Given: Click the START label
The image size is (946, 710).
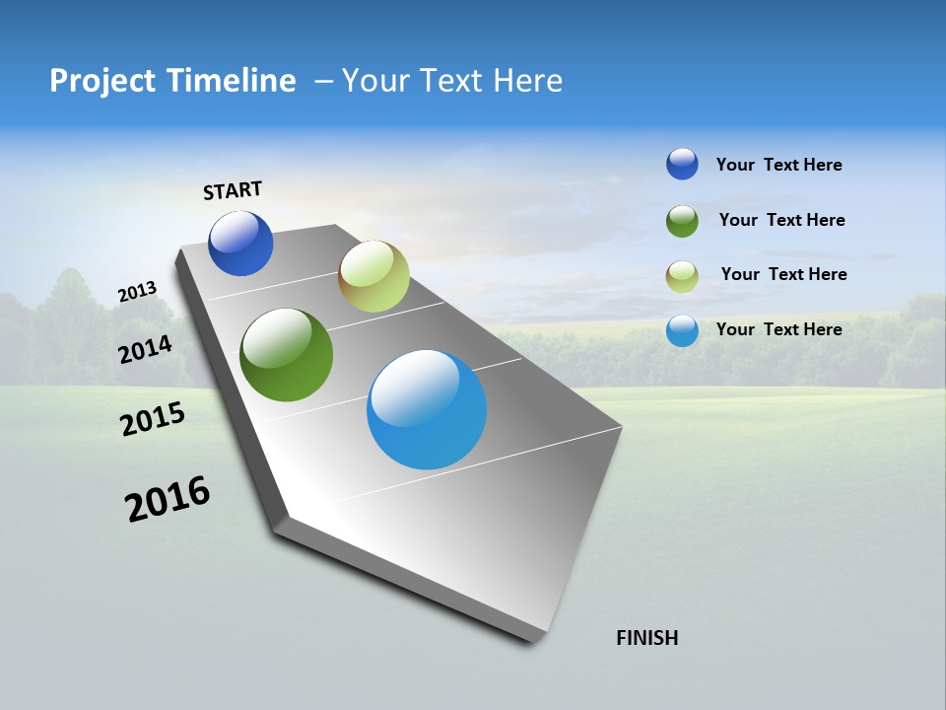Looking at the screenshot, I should pyautogui.click(x=233, y=190).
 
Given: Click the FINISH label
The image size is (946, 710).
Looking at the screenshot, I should pyautogui.click(x=646, y=638).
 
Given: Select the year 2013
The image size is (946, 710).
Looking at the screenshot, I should pyautogui.click(x=137, y=292).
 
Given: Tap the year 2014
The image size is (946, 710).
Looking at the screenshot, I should pyautogui.click(x=145, y=349).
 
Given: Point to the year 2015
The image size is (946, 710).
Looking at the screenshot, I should pyautogui.click(x=152, y=419).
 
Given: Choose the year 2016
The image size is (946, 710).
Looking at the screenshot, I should pyautogui.click(x=168, y=499).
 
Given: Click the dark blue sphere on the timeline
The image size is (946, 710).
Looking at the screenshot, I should pyautogui.click(x=240, y=244).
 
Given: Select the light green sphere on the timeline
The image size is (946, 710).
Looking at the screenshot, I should pyautogui.click(x=373, y=276).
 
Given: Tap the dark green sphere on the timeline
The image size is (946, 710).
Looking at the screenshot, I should pyautogui.click(x=286, y=355).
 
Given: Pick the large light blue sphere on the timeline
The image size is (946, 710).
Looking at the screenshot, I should pyautogui.click(x=427, y=409).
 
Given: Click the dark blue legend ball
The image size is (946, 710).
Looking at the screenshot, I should pyautogui.click(x=682, y=164).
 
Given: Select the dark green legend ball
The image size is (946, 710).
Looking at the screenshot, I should pyautogui.click(x=682, y=221).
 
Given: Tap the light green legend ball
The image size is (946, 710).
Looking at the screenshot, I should pyautogui.click(x=682, y=276).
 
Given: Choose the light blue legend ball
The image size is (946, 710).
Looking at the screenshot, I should pyautogui.click(x=682, y=330).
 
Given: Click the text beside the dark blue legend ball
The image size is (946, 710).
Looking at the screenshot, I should pyautogui.click(x=778, y=165).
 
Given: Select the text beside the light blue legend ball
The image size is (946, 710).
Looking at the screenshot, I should pyautogui.click(x=778, y=329).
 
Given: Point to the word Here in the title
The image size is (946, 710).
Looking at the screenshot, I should pyautogui.click(x=527, y=81).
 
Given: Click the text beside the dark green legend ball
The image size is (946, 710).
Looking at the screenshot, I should pyautogui.click(x=781, y=220).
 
